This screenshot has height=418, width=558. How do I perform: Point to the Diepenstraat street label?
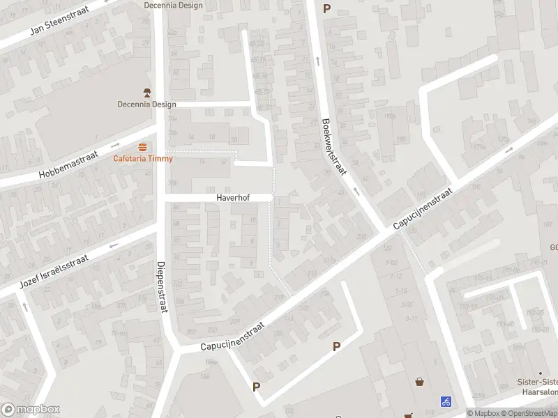162,286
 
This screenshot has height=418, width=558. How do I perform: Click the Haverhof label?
232,198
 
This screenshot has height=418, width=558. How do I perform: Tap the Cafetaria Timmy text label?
143,158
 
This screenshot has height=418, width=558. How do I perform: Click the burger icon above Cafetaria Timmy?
143,146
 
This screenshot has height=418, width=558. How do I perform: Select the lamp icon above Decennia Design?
146,93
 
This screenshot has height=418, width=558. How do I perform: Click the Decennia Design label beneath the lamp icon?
146,105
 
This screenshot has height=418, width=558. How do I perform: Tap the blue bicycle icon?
446,401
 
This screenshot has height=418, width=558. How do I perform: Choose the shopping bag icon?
420,382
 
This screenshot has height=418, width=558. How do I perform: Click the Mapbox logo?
31,410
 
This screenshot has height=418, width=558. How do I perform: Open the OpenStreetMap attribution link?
532,413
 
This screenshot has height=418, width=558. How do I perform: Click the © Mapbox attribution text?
484,413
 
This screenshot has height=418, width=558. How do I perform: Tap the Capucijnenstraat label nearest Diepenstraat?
233,336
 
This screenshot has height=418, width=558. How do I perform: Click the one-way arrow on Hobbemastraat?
116,145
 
